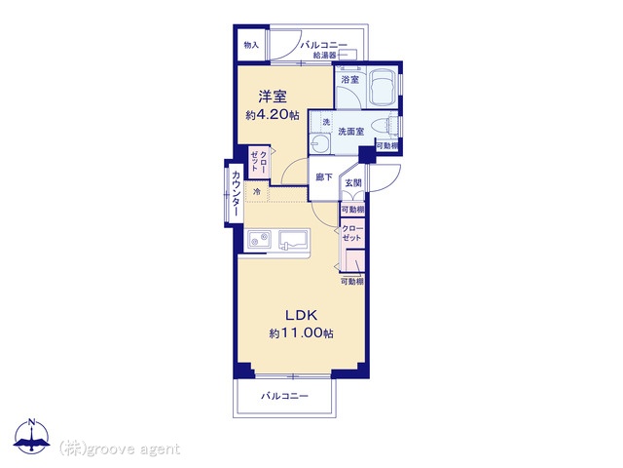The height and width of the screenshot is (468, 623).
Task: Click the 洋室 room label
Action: coord(273,97)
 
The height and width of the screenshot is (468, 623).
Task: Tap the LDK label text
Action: coord(302,315)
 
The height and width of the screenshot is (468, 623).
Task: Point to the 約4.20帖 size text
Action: coord(273,115)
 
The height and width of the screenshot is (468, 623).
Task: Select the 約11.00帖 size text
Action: coord(301,332)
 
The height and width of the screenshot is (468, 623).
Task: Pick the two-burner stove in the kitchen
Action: coord(259,240)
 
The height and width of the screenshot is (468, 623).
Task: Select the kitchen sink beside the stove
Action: coord(294,241)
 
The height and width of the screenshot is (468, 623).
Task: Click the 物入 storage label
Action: coord(251,45)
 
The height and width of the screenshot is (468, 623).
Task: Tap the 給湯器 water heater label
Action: coord(324,56)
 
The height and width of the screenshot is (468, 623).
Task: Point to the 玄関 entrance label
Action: coord(353,183)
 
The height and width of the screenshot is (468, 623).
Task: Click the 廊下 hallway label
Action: coord(324,177)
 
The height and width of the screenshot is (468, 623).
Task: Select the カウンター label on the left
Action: coord(236,193)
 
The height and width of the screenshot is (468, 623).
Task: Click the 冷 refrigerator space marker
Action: coord(257,192)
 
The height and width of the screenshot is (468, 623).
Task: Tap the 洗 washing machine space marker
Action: coord(326,122)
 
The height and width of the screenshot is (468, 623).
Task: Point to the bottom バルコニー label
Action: coord(284,396)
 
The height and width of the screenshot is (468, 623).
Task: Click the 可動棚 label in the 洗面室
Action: coord(387,146)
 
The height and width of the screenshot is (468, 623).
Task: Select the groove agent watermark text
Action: coord(120,449)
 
